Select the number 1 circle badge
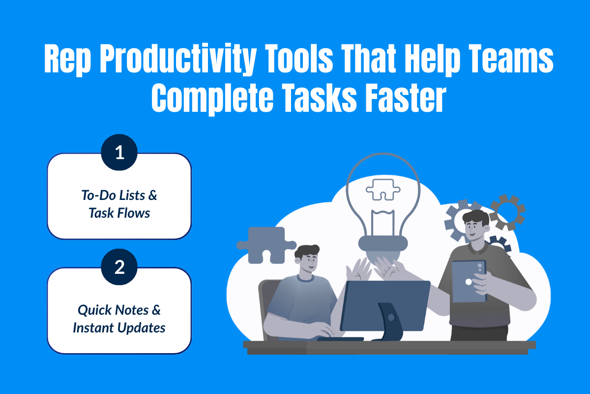(x=119, y=153)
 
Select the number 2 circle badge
(x=119, y=267)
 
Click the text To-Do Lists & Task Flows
(x=119, y=204)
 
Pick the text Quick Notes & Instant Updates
(x=119, y=319)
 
